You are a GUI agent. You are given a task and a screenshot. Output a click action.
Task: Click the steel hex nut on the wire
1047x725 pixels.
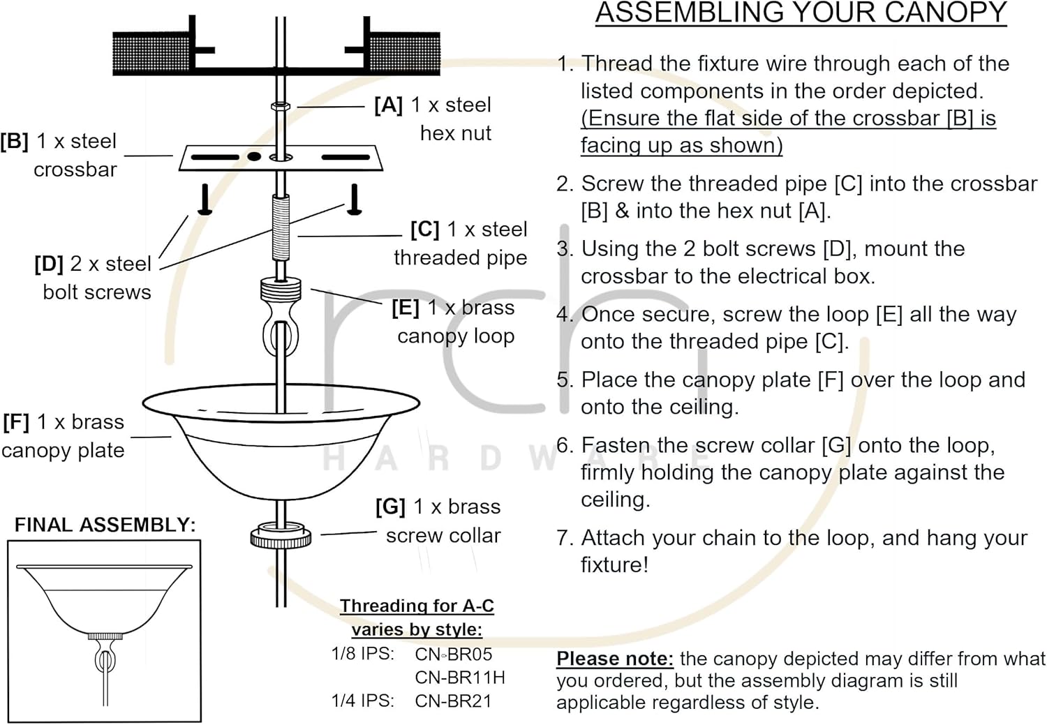[280, 107]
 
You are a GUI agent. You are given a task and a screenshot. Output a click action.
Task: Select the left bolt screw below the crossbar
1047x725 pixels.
[205, 199]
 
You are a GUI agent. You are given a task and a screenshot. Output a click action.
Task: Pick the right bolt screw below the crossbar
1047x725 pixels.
[355, 199]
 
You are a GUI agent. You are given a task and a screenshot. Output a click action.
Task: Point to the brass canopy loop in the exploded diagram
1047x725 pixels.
[280, 317]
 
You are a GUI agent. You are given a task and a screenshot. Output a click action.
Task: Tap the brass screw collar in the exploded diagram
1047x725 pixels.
[281, 536]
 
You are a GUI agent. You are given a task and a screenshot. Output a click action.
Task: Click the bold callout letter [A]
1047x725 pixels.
[388, 105]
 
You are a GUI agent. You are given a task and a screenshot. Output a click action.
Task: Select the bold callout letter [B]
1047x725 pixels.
[15, 142]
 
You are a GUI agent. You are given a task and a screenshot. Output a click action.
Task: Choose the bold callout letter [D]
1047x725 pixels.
[48, 264]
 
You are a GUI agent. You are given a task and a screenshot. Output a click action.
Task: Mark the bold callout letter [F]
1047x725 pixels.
[16, 423]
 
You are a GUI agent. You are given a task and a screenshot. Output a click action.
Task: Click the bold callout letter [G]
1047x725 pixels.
[390, 507]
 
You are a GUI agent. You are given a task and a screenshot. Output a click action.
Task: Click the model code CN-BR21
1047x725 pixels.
[453, 701]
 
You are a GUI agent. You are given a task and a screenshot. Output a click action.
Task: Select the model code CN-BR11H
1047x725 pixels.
[460, 678]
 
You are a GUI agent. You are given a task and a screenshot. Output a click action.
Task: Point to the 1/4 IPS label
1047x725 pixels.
[362, 701]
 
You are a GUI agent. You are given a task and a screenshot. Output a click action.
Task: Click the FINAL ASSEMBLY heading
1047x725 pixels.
[105, 525]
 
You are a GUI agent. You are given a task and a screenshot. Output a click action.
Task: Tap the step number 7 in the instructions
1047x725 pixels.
[564, 539]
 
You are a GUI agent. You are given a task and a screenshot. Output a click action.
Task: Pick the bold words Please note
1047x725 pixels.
[614, 659]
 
